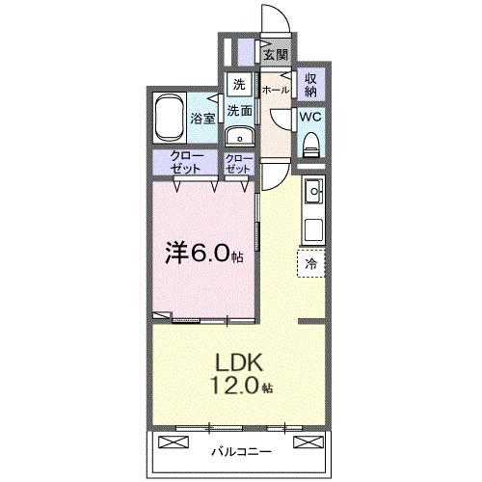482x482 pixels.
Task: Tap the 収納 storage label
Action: pyautogui.click(x=311, y=84)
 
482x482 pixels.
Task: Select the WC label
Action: pyautogui.click(x=310, y=116)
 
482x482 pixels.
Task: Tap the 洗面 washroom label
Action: pyautogui.click(x=240, y=111)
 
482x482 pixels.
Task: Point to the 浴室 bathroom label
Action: pyautogui.click(x=202, y=120)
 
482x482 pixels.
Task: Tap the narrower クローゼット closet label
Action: pyautogui.click(x=239, y=161)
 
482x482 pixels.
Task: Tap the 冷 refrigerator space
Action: pyautogui.click(x=311, y=261)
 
